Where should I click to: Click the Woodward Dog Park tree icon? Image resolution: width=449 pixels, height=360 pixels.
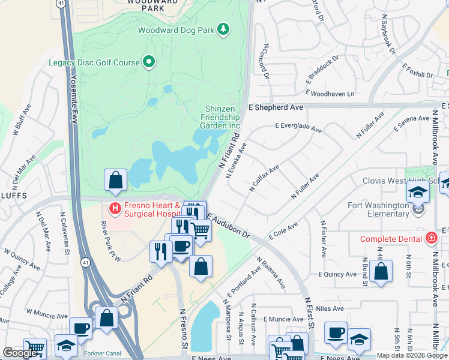[x=224, y=29]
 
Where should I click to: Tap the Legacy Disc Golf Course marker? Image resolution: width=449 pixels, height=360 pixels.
[x=148, y=62]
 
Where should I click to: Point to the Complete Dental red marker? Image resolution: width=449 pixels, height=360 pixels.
[x=430, y=239]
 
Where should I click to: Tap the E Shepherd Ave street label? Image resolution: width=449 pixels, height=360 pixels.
[x=276, y=107]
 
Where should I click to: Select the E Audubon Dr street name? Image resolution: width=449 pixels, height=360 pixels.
[x=228, y=224]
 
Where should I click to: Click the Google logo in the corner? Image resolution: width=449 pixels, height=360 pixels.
[x=20, y=353]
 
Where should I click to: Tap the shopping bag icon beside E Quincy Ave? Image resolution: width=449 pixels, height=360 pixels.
[x=381, y=271]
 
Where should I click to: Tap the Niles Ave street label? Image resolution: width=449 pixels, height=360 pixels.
[x=330, y=308]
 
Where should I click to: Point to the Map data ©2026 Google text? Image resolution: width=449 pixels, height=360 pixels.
[x=412, y=355]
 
